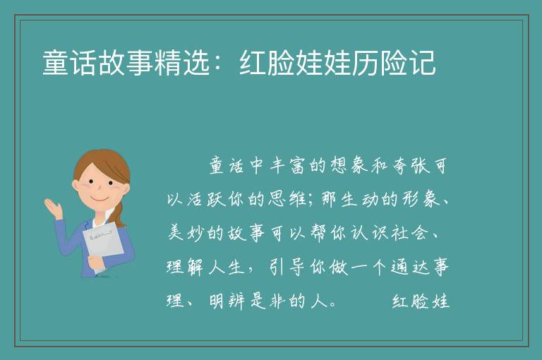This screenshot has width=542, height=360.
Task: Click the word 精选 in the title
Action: pos(182,63)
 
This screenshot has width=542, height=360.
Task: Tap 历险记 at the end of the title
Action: pos(394,63)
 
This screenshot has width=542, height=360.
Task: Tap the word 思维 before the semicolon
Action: pos(287,199)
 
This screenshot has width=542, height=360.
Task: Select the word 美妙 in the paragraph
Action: pos(186,233)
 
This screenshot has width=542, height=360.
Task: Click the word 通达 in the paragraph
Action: pos(409,267)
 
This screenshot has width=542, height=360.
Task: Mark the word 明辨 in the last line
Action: pos(227,301)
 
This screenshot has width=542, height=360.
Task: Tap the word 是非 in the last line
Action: pos(267,301)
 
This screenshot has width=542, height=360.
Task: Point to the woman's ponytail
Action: pos(119,215)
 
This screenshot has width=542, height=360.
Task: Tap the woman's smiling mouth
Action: pos(100,200)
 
